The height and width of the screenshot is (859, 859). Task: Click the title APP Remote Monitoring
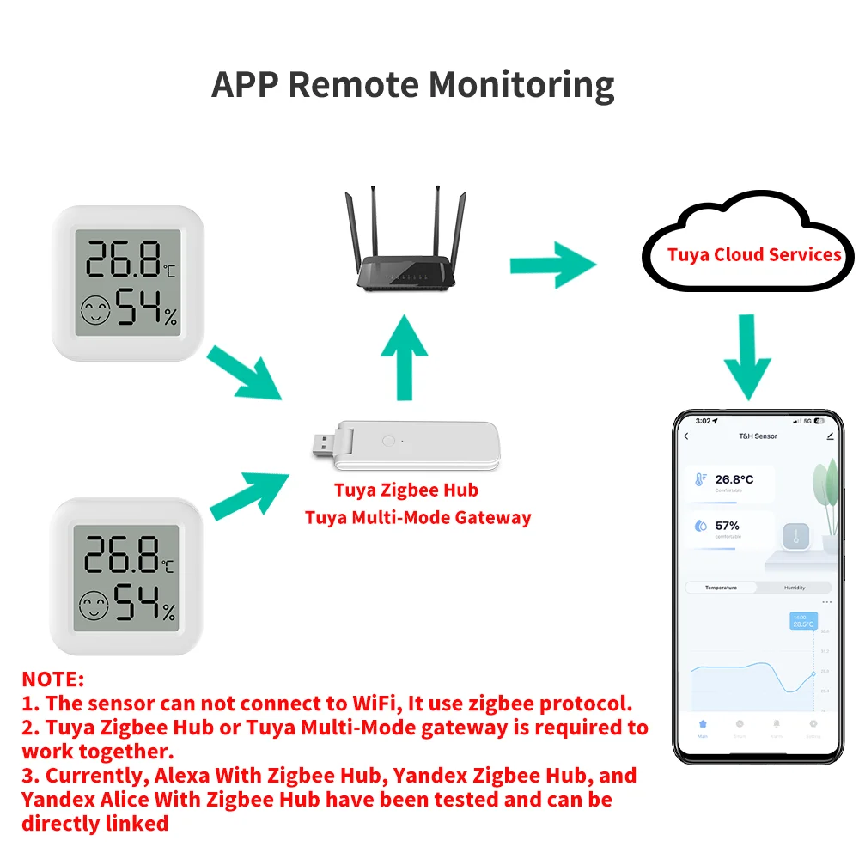pos(412,84)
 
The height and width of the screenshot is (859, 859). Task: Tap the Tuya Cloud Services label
pos(754,254)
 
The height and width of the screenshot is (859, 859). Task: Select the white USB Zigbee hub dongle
pos(404,447)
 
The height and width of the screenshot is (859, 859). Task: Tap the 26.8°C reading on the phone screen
pos(734,479)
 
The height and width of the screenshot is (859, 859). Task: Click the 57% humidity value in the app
pos(727,525)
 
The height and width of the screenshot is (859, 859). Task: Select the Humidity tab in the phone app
pos(795,588)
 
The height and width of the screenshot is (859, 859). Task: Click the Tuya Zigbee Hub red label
pos(405,490)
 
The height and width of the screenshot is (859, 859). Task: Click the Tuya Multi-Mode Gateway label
pos(417,517)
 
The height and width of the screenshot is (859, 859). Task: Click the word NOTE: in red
pos(52,679)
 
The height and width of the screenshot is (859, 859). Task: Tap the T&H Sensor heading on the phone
pos(758,436)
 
